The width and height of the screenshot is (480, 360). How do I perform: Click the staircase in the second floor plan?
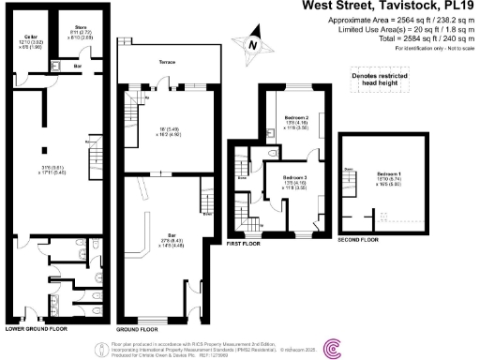coord(353,183)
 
